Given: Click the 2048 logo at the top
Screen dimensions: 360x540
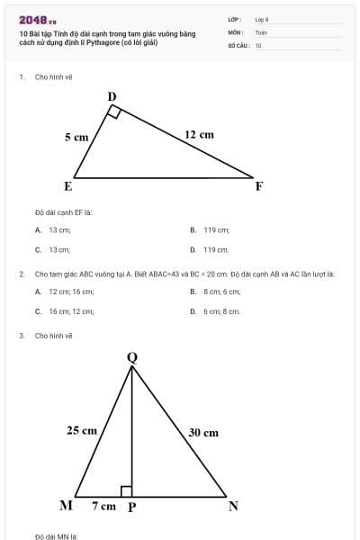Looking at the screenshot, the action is pos(38,20).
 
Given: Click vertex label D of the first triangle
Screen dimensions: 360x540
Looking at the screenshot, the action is pos(112,96).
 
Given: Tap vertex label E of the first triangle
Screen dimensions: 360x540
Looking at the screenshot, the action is pos(67,186).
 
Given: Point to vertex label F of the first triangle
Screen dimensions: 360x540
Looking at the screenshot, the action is pos(259,186).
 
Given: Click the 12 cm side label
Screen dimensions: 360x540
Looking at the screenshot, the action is pos(199,134).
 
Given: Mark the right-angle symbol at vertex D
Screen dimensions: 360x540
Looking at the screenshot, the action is pos(114,112).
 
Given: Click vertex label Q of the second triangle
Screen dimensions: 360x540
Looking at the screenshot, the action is pos(132,357).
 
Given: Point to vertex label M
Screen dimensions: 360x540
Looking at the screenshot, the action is pos(66,505).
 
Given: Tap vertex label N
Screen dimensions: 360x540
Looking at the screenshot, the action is pos(233,506).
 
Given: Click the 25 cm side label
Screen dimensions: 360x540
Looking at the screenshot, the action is pos(82,430).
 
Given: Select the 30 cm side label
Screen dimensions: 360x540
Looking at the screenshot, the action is pos(203,432).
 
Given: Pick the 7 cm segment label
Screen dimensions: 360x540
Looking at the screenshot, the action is pos(103,506).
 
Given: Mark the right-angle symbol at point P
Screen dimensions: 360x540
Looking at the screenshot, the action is pos(127,491).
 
